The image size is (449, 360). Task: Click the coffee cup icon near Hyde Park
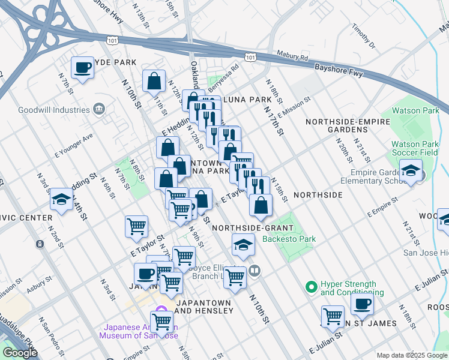tap(82, 67)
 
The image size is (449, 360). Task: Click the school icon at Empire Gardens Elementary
tap(411, 172)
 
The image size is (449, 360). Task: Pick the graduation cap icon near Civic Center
tap(61, 200)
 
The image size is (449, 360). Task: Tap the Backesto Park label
tap(289, 239)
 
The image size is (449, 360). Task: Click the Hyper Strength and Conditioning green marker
tap(311, 287)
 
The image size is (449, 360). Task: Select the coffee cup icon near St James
tap(362, 304)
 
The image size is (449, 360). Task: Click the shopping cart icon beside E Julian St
tap(333, 316)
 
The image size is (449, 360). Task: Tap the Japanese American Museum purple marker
tap(160, 310)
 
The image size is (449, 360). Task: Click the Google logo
tap(20, 353)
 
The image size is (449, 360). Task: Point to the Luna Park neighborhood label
tap(247, 99)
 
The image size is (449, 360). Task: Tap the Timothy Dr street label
tap(363, 37)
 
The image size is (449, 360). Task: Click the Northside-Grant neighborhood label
tap(252, 228)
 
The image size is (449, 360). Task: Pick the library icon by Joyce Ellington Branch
tap(255, 271)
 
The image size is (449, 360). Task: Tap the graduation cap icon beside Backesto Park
tap(243, 244)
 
